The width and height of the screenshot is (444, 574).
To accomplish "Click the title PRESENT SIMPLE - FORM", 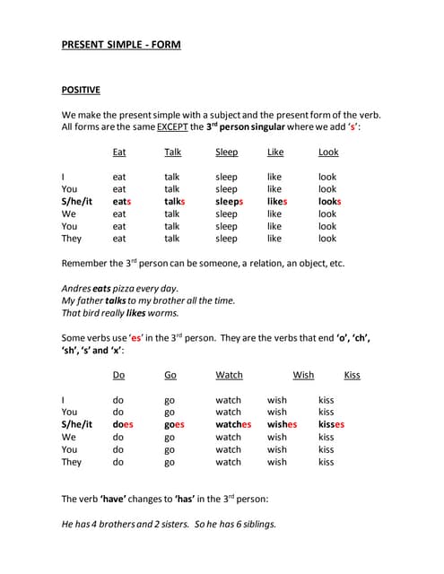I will (x=120, y=44).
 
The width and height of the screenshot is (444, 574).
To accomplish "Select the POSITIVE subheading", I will (x=81, y=90).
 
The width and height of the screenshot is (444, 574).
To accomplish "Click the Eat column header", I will (x=119, y=152).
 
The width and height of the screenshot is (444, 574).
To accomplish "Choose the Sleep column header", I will (x=227, y=152).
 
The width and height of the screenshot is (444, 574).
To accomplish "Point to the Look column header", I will (x=328, y=152).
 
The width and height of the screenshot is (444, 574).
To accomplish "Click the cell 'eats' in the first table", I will (x=122, y=202).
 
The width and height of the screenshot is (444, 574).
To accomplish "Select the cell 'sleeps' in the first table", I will (x=230, y=202).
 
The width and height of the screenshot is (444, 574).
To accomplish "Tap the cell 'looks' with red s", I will (x=330, y=202).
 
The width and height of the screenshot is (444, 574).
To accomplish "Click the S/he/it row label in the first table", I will (x=76, y=202).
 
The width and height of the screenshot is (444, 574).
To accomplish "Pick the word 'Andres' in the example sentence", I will (x=77, y=289).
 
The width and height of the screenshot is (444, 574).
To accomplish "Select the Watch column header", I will (x=229, y=376).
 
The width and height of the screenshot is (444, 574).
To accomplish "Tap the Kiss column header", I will (x=352, y=376).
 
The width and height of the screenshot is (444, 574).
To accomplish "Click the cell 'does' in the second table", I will (x=123, y=425).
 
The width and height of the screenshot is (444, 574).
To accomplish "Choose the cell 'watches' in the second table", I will (x=233, y=425).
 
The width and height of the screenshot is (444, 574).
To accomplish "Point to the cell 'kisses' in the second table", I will (x=331, y=425).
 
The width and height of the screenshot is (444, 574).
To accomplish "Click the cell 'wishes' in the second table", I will (x=282, y=425).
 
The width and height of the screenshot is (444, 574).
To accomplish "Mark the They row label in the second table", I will (x=71, y=463).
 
